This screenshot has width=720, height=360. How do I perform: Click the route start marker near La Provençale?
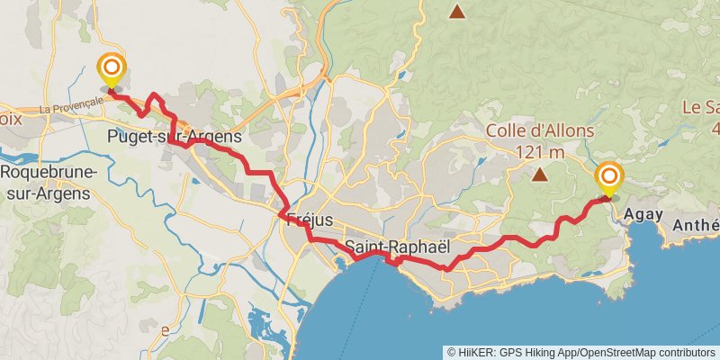(x=112, y=70)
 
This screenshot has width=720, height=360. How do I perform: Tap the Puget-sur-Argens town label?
(x=174, y=138)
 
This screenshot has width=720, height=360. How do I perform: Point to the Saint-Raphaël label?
(x=397, y=245)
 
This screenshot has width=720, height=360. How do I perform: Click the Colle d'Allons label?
(x=540, y=131)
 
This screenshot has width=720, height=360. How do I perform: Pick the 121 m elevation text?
(x=540, y=151)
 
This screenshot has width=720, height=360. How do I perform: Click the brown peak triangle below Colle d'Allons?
(x=540, y=175)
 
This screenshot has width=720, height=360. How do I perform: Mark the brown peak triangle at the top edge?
(x=457, y=12)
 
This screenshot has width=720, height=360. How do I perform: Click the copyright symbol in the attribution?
(x=453, y=352)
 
